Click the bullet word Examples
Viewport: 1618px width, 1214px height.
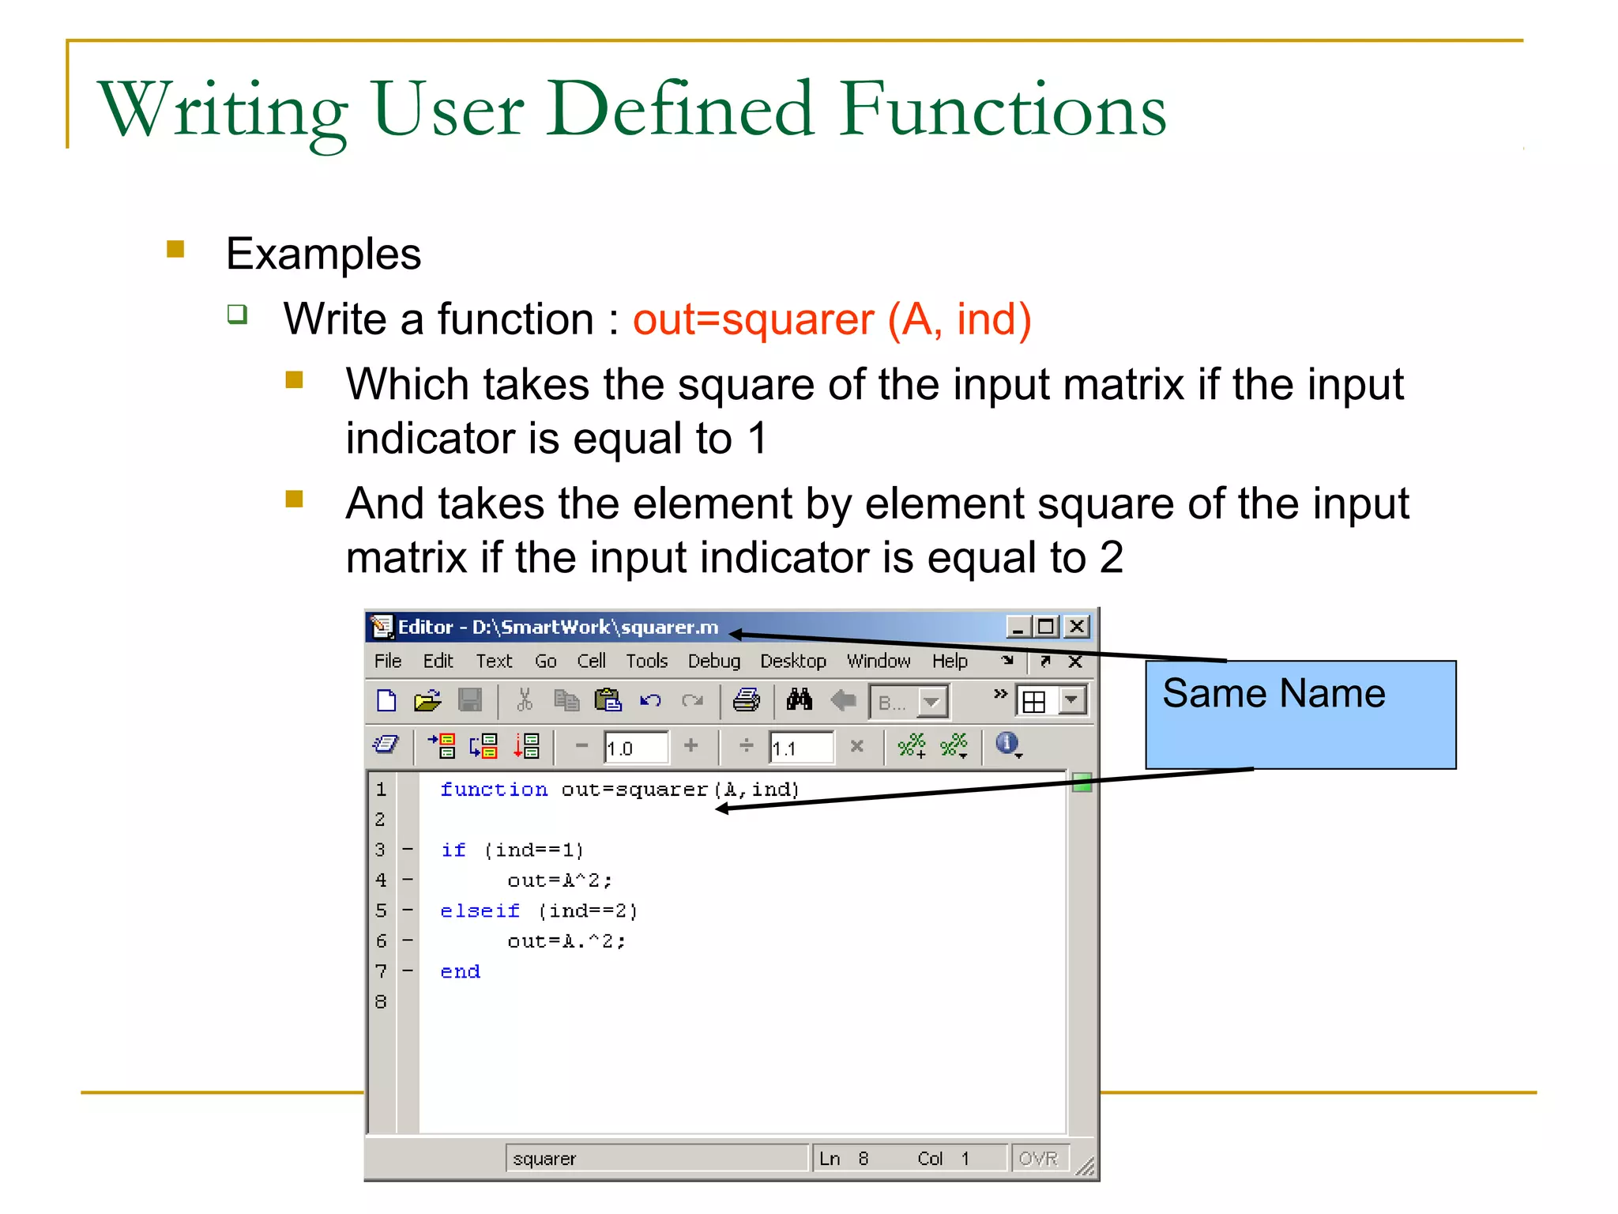pyautogui.click(x=323, y=254)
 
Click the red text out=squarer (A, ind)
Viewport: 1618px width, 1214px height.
pyautogui.click(x=831, y=319)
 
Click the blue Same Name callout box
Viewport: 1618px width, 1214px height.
pyautogui.click(x=1300, y=714)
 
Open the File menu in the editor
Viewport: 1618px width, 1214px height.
pyautogui.click(x=387, y=661)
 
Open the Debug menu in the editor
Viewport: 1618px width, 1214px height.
pyautogui.click(x=713, y=661)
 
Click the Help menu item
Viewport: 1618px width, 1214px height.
pyautogui.click(x=949, y=661)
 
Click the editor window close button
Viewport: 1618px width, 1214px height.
pyautogui.click(x=1076, y=627)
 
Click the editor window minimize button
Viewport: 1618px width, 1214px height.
pyautogui.click(x=1018, y=627)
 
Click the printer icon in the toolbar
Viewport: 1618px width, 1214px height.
pyautogui.click(x=746, y=700)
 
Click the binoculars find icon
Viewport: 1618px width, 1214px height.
pyautogui.click(x=799, y=700)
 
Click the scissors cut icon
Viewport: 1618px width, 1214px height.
pyautogui.click(x=524, y=700)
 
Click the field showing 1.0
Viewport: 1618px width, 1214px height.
pyautogui.click(x=634, y=748)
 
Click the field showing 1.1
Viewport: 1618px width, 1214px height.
pyautogui.click(x=800, y=748)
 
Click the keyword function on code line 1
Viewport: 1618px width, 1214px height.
pyautogui.click(x=493, y=790)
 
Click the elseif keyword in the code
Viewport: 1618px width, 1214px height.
pyautogui.click(x=480, y=911)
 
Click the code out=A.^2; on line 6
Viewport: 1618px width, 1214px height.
pyautogui.click(x=566, y=941)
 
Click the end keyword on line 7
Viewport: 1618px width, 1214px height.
pyautogui.click(x=460, y=972)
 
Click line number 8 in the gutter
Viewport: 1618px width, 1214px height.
pyautogui.click(x=381, y=1002)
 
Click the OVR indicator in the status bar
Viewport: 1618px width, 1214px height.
pyautogui.click(x=1037, y=1159)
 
